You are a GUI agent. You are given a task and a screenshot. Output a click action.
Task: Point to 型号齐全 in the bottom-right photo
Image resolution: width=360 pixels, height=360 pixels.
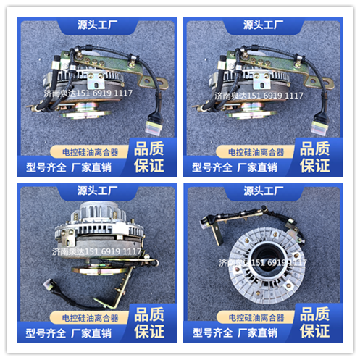click(212, 333)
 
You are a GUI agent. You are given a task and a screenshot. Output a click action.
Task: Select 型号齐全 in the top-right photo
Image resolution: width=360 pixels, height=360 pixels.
click(212, 167)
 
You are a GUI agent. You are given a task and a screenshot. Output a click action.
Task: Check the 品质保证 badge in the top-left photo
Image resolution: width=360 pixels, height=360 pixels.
click(149, 156)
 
